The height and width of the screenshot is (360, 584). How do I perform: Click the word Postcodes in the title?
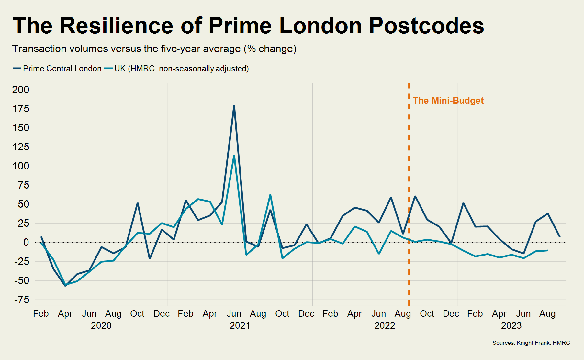(x=426, y=25)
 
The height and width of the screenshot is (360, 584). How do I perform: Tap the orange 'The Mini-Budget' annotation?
(x=448, y=101)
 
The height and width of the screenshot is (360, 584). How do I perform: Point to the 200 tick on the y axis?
(x=21, y=90)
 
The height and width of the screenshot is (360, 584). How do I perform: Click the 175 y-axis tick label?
(x=21, y=109)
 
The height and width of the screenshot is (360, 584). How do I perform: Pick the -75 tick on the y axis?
(x=21, y=300)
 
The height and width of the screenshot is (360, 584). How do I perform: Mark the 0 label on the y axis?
(x=26, y=242)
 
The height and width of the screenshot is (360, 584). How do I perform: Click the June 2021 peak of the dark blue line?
(x=234, y=106)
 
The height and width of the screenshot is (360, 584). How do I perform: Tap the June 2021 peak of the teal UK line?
(x=234, y=156)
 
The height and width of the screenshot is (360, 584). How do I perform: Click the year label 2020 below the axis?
(x=101, y=325)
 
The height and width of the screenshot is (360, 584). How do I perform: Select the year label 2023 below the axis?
(x=511, y=325)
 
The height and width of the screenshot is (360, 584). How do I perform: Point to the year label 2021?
(x=240, y=325)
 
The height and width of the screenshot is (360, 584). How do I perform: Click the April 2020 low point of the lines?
(x=65, y=285)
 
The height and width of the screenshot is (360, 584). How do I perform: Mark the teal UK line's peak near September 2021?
(x=270, y=195)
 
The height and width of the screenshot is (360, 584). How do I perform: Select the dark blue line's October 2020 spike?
(x=138, y=203)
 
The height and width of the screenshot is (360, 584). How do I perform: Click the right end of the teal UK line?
(x=547, y=250)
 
